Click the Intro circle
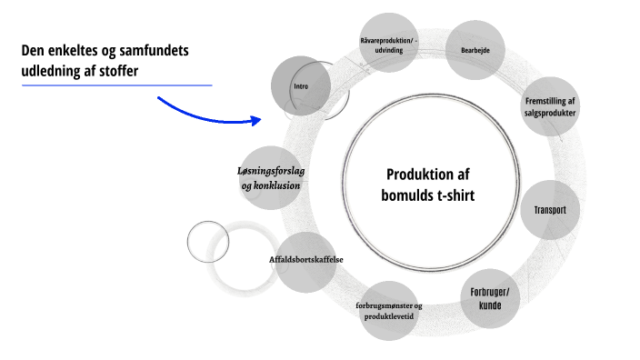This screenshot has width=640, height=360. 301,86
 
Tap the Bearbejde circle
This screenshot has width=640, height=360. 475,51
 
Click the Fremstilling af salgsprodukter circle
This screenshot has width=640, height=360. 549,105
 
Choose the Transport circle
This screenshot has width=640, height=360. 549,210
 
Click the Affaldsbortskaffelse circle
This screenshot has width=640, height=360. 305,260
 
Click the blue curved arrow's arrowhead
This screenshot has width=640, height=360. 255,119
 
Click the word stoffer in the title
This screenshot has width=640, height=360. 115,71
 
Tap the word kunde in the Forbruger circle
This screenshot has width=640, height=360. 491,305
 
